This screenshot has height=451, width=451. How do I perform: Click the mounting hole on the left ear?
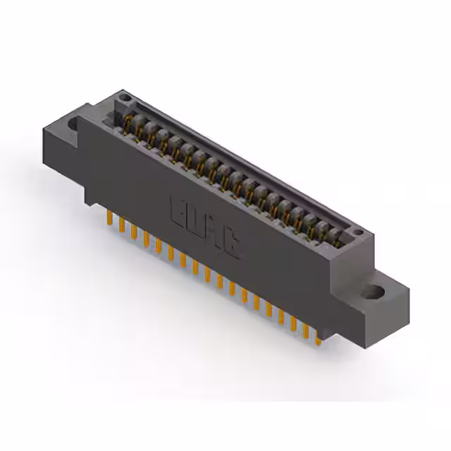(74, 124)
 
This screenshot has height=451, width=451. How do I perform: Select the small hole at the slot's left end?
(124, 96)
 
